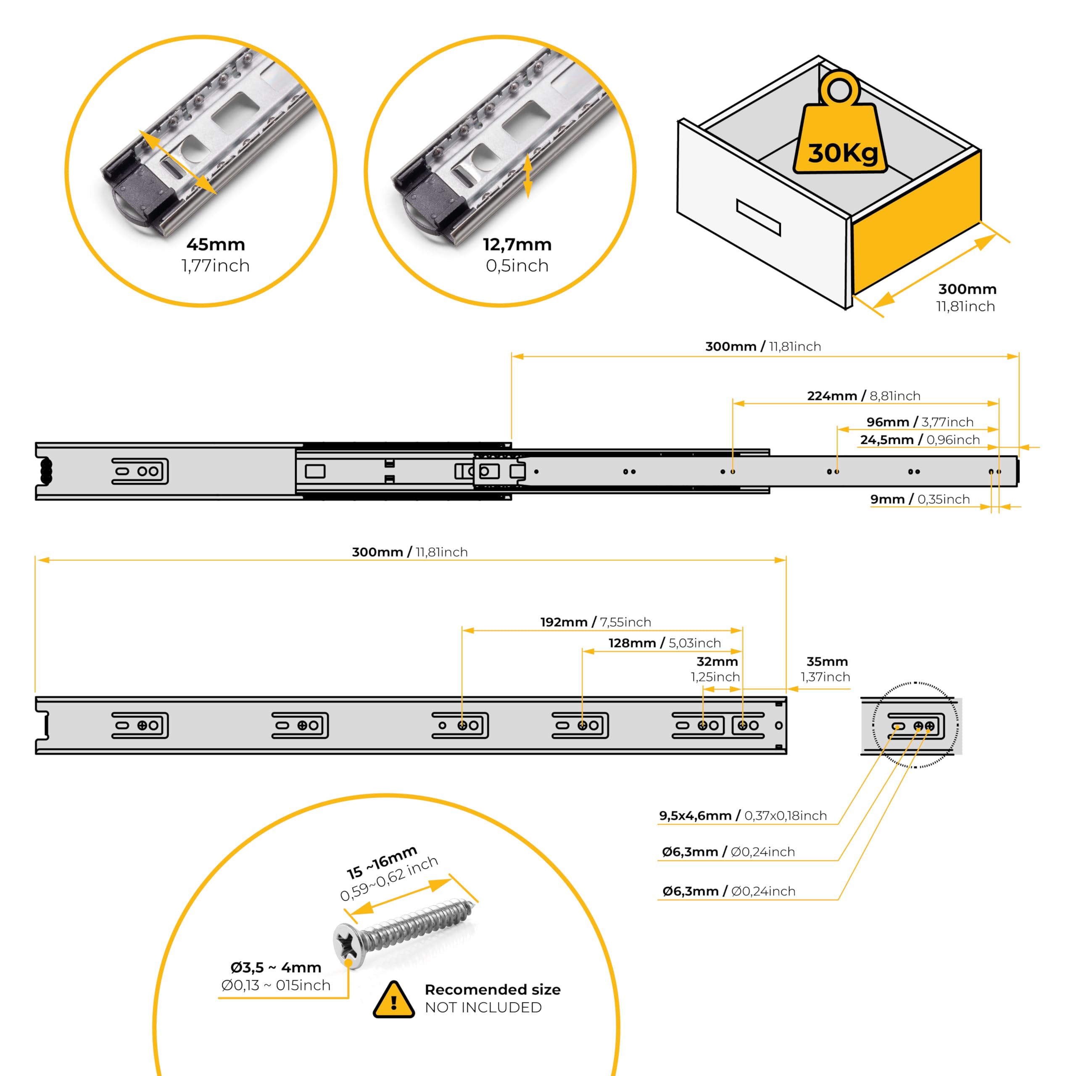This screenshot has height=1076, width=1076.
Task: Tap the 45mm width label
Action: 216,245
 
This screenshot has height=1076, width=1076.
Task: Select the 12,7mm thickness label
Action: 517,245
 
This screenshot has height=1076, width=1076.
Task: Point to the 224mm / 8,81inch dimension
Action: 863,396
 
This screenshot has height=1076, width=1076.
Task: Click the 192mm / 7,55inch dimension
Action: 595,622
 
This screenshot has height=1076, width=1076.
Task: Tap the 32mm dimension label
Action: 717,662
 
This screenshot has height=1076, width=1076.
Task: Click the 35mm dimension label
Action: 827,662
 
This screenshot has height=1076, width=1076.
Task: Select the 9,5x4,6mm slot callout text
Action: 742,816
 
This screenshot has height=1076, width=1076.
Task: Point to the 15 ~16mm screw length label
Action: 382,861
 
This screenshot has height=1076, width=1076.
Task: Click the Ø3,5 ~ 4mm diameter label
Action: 276,968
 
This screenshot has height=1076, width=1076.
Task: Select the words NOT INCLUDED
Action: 483,1007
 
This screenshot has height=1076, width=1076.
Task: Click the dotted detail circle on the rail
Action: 915,725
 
